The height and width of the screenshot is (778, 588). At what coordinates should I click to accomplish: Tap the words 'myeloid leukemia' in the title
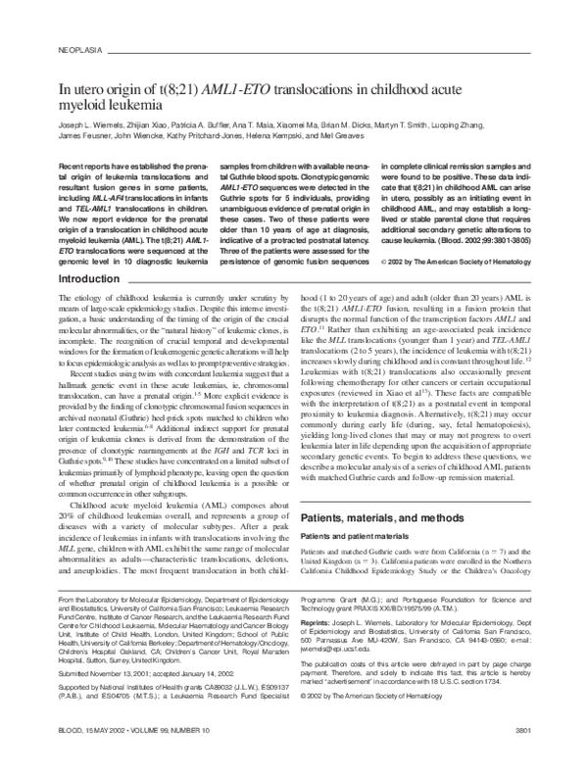click(111, 103)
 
